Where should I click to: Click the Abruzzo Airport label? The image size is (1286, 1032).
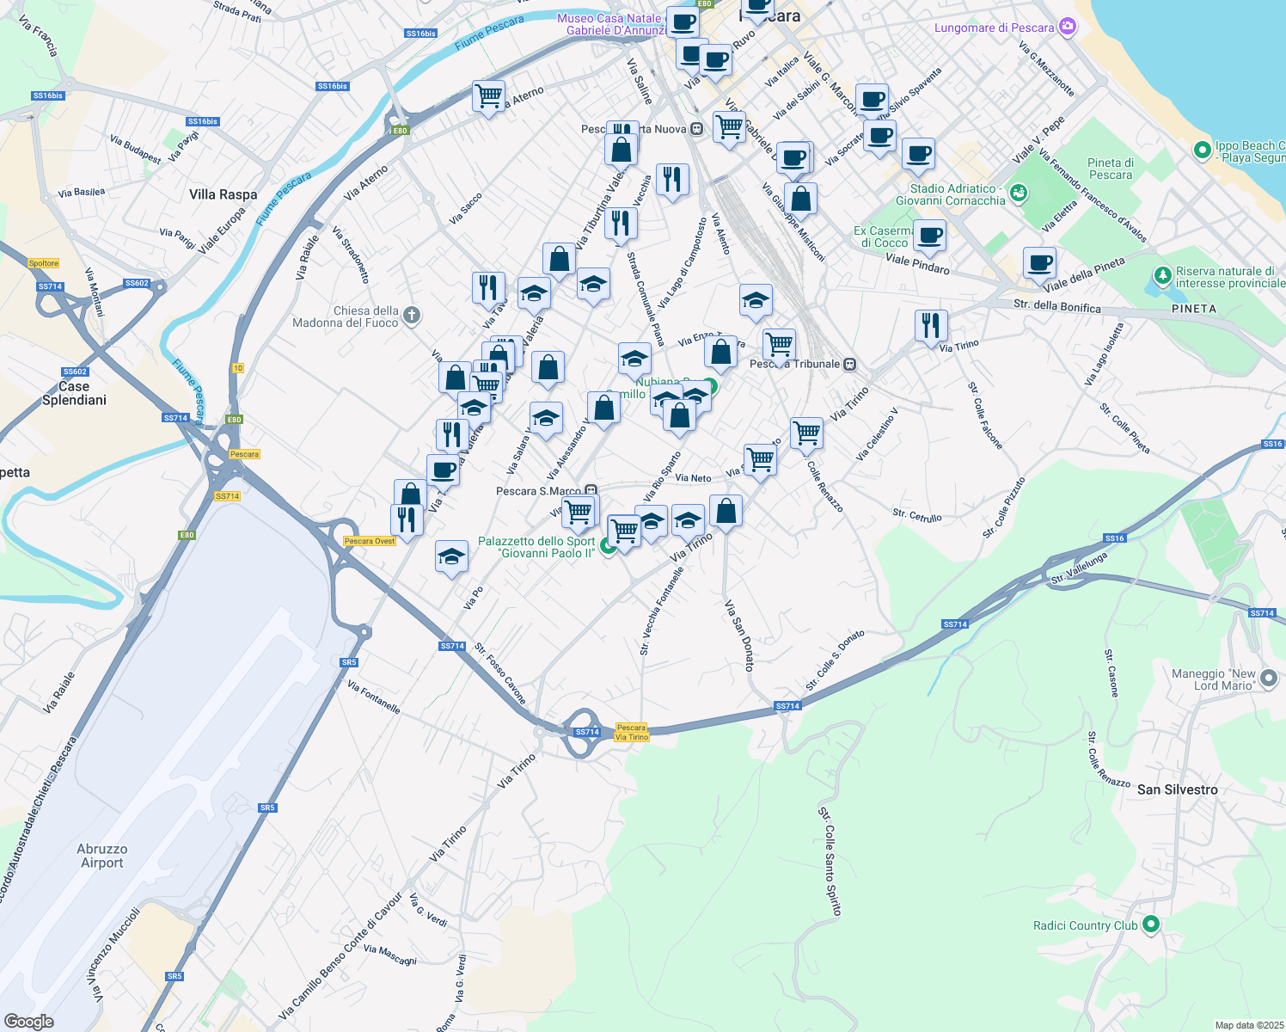pos(101,856)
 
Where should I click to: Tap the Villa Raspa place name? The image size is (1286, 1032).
pos(223,194)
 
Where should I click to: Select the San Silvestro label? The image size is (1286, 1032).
pos(1177,789)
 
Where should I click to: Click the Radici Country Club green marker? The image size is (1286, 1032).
pos(1151,924)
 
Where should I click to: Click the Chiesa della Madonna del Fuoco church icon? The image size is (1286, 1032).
pos(412,316)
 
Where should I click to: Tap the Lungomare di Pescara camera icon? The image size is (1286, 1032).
pos(1068,28)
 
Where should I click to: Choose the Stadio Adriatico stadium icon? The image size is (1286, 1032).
pos(1019,193)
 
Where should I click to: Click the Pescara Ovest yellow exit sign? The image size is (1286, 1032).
pos(370,541)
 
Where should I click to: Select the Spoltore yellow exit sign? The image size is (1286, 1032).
pos(44,263)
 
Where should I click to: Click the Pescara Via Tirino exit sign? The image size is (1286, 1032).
pos(632,732)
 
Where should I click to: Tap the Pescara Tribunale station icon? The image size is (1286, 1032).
pos(849,364)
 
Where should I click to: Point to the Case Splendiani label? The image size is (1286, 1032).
pos(74,393)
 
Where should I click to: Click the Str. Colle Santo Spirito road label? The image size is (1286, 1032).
pos(830,861)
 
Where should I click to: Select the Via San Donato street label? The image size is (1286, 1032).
pos(738,635)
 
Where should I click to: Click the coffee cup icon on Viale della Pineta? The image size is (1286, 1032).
pos(1039,263)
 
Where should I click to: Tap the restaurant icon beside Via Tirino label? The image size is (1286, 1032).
pos(930,326)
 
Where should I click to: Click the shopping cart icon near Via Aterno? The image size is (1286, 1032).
pos(488,96)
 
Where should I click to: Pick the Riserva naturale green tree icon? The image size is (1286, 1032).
pos(1163,276)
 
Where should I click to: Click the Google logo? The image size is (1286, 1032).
pos(28,1022)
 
